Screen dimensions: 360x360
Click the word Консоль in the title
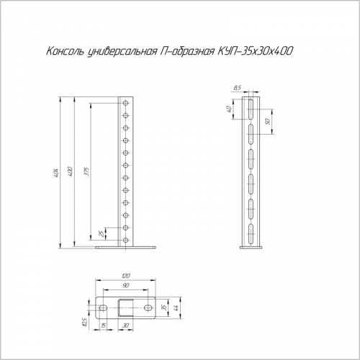tap(65, 51)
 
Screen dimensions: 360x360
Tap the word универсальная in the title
tap(122, 52)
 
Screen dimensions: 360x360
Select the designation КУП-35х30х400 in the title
tap(255, 51)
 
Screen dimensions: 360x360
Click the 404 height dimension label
tap(56, 171)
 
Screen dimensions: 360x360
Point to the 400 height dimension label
tap(71, 171)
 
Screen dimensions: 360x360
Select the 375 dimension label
tap(87, 171)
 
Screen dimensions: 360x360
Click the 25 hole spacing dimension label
tap(102, 233)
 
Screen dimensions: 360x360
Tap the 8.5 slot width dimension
tap(237, 88)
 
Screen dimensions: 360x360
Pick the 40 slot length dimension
tap(229, 109)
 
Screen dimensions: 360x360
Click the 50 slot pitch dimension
tap(269, 122)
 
